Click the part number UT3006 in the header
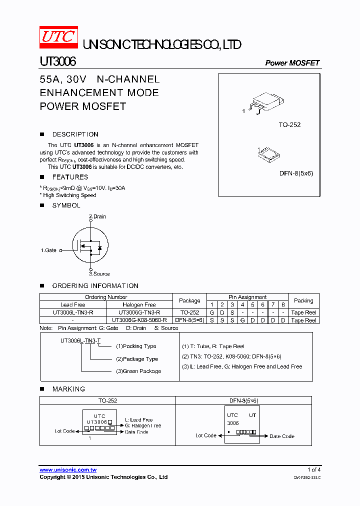(58, 61)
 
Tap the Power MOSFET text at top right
(292, 63)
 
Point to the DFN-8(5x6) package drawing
(269, 153)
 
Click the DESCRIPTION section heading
(75, 134)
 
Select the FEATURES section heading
(70, 177)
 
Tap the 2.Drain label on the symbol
(97, 216)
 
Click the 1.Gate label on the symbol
(48, 250)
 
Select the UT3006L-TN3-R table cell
(72, 312)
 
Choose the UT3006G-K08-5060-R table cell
(139, 320)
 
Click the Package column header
(189, 301)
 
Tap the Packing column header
(303, 301)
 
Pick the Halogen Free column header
(139, 304)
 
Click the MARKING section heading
(68, 389)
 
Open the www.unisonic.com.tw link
(68, 470)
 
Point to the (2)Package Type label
(137, 359)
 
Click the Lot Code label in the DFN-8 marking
(206, 435)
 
